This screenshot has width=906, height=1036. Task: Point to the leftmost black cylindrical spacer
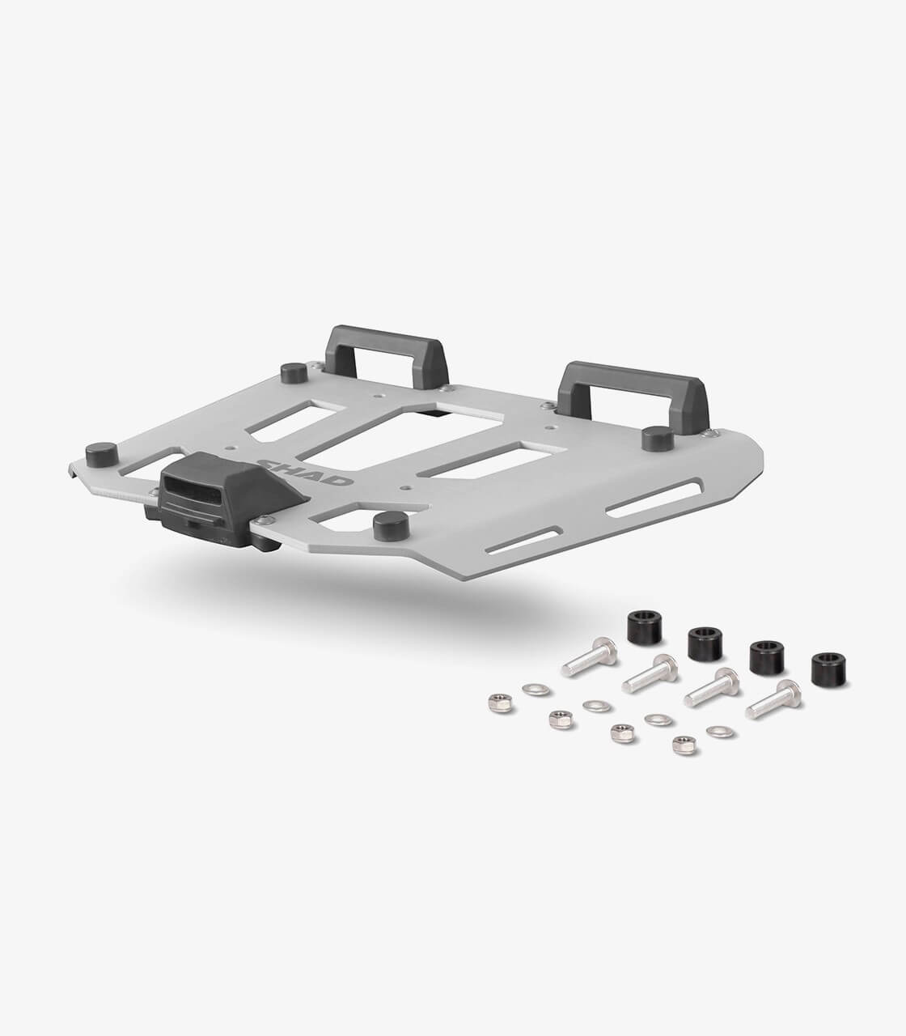point(645,627)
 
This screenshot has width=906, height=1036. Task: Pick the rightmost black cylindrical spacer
point(828,669)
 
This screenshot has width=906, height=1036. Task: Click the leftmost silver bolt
point(590,656)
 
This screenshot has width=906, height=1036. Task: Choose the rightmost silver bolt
point(773,699)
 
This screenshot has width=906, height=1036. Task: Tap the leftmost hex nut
point(500,703)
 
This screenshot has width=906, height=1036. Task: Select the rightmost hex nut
point(684,745)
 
